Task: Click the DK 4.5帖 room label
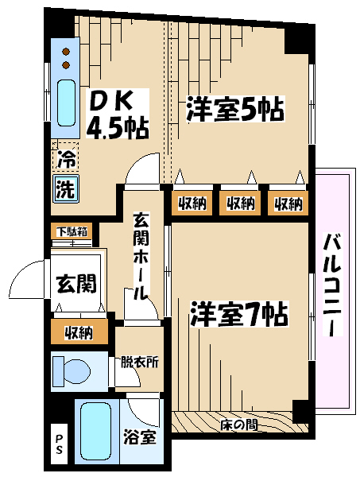[118, 114]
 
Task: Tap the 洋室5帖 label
[234, 109]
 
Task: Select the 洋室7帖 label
[239, 314]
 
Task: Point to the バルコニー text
[332, 285]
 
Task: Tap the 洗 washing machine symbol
[66, 189]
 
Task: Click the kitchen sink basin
[66, 103]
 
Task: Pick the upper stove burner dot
[66, 52]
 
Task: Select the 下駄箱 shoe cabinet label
[73, 232]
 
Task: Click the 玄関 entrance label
[76, 283]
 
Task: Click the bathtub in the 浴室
[96, 433]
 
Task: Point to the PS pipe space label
[59, 444]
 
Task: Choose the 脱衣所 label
[140, 362]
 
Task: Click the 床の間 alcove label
[238, 425]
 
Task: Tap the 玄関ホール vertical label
[141, 257]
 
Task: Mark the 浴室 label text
[140, 437]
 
